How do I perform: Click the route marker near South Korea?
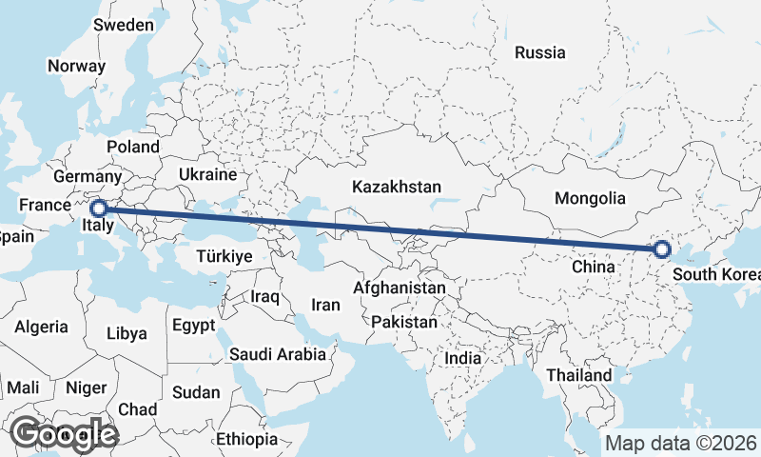(x=662, y=250)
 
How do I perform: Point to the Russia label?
(x=539, y=53)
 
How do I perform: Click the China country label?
(x=595, y=268)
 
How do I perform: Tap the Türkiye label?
(x=223, y=256)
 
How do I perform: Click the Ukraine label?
(x=206, y=175)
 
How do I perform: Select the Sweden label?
(x=124, y=25)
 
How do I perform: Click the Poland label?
(x=133, y=147)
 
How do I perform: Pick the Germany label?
(x=88, y=177)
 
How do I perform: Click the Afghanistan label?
(x=400, y=288)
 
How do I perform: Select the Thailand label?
(x=578, y=375)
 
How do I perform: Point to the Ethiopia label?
(x=246, y=439)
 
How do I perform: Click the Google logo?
(x=64, y=434)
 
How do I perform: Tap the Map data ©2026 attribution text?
(x=680, y=443)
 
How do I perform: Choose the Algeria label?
(x=41, y=327)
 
